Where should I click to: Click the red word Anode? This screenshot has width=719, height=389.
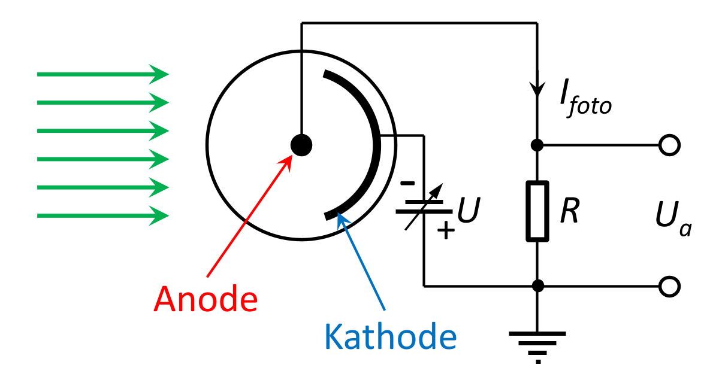[x=206, y=299]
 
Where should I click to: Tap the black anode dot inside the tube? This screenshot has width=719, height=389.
[x=301, y=144]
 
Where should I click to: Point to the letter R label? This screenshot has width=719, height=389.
[x=569, y=211]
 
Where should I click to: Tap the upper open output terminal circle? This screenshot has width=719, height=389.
[x=669, y=145]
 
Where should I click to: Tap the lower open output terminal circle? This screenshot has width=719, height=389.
[x=669, y=286]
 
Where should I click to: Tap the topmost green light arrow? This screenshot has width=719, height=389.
[x=102, y=74]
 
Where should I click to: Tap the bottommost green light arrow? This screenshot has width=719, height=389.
[x=102, y=215]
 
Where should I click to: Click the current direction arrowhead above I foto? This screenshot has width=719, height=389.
[x=537, y=88]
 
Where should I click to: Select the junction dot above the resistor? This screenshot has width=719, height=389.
[x=537, y=145]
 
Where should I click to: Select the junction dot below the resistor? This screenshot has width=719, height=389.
[x=537, y=286]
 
